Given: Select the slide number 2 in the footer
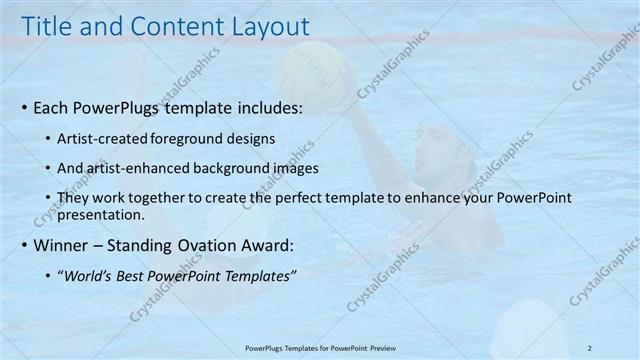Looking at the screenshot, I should [590, 347].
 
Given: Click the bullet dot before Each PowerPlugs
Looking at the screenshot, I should [24, 107].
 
